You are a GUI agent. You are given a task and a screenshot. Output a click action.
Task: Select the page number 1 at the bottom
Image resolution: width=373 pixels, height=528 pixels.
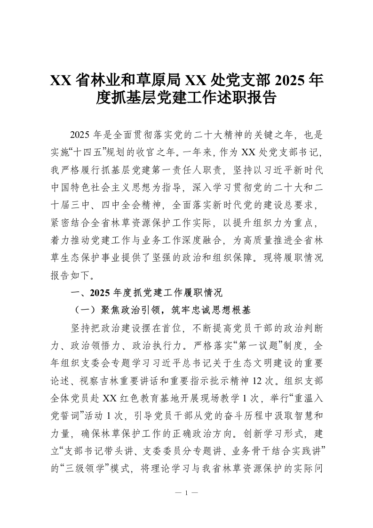tap(186, 493)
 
